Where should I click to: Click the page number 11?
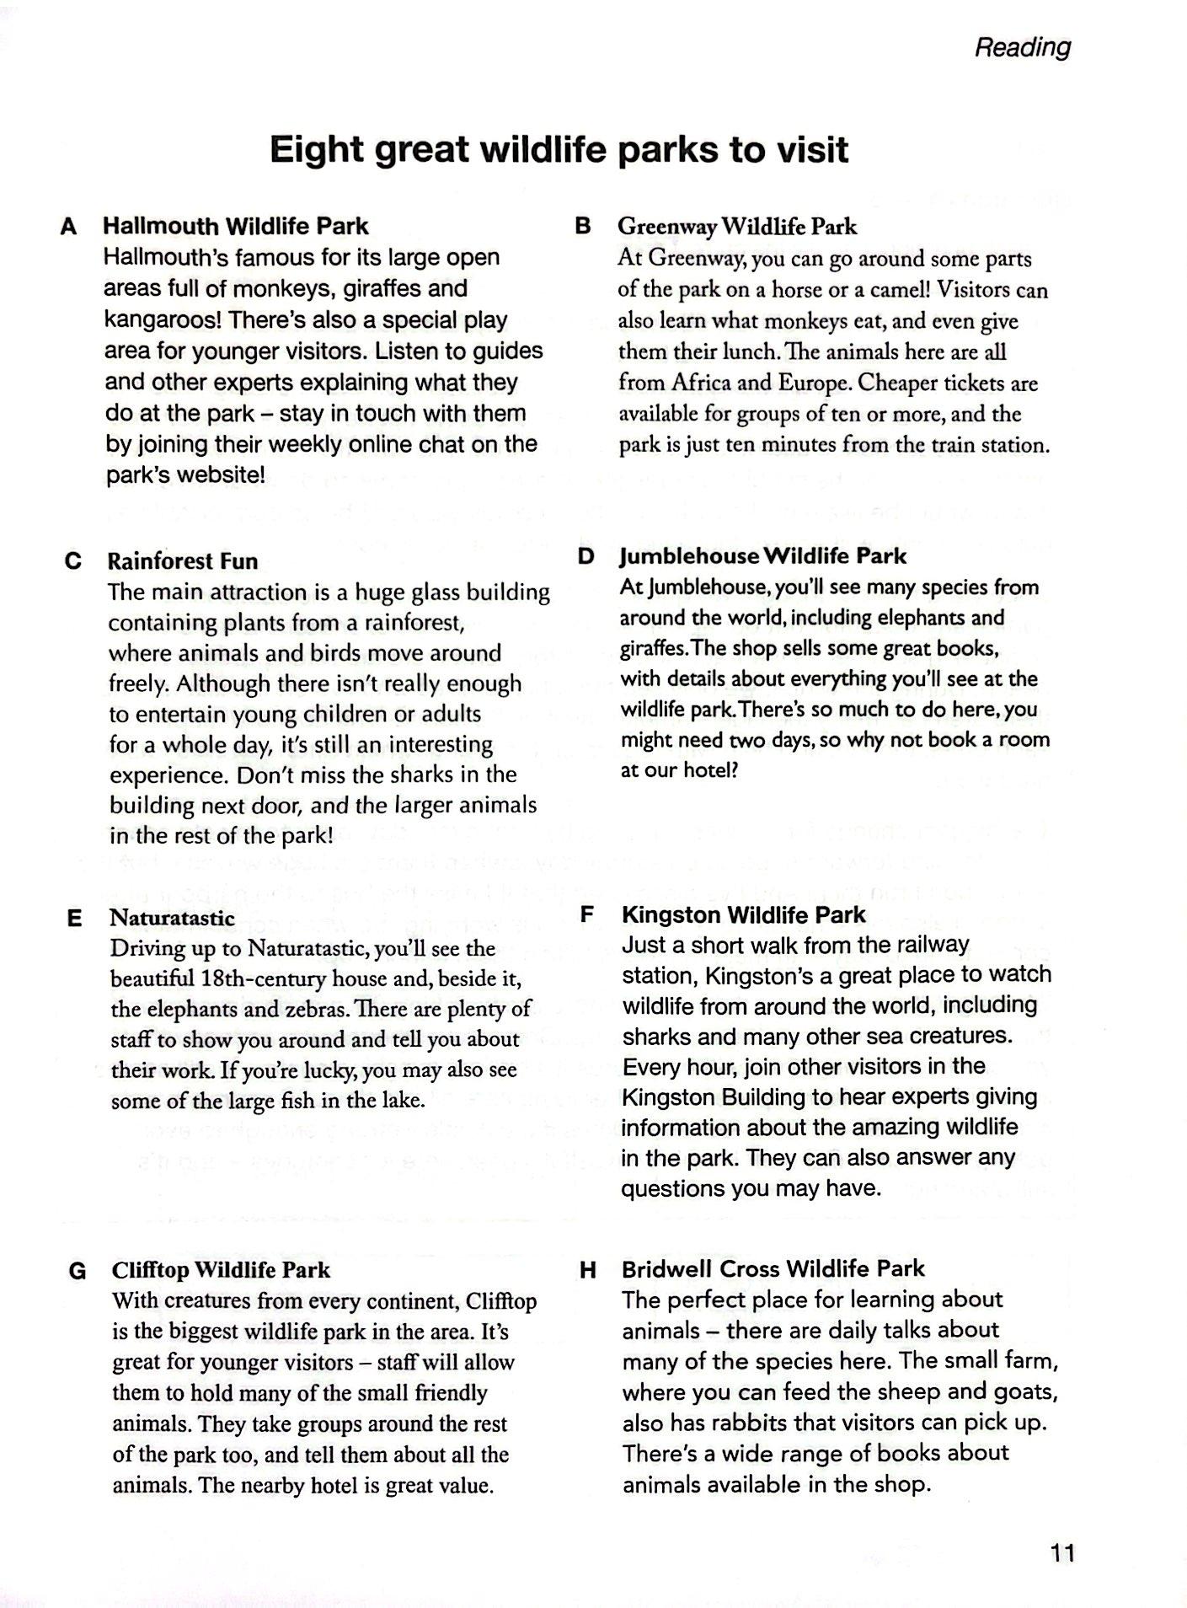(x=1063, y=1552)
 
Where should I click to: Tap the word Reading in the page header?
(x=1022, y=48)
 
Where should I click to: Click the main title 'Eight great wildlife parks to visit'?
(x=559, y=150)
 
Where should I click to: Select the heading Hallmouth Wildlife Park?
(x=236, y=226)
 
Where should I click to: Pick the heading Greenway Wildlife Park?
(x=736, y=226)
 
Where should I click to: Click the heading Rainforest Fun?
(x=183, y=561)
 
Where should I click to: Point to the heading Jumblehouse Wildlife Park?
(x=762, y=556)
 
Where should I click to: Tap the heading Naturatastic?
(x=173, y=918)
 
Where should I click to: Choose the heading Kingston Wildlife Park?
(x=743, y=914)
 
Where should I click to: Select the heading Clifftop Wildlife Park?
(x=221, y=1270)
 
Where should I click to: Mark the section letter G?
(x=77, y=1271)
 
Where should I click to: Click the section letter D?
(x=585, y=556)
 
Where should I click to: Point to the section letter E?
(x=74, y=919)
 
